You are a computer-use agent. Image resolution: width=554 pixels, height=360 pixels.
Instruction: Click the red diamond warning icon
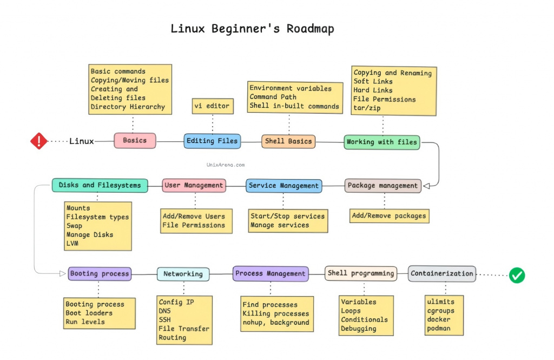38,141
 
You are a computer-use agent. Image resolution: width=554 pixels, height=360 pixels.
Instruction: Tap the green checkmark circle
517,275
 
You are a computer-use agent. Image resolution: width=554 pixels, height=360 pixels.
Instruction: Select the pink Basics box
135,140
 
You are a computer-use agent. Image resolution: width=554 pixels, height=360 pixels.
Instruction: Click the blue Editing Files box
212,141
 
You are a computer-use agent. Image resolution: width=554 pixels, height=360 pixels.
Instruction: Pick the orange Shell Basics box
288,141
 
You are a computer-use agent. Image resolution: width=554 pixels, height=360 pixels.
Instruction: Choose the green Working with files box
382,142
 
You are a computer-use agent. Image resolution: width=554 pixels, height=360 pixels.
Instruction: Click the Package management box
382,185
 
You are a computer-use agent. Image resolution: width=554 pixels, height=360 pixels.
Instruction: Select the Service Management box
284,186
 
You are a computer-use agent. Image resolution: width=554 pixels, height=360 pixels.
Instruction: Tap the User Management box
194,185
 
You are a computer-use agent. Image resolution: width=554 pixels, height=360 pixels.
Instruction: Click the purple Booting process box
100,273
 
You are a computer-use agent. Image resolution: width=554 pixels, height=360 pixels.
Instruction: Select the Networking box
183,274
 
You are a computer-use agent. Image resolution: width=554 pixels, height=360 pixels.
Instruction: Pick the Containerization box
442,273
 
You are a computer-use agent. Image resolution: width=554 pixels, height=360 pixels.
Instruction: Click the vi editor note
212,106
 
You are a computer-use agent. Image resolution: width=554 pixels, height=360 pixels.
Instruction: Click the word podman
439,328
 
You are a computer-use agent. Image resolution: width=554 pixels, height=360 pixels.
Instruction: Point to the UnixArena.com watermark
226,163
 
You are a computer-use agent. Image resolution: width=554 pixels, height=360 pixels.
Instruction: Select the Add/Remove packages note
389,215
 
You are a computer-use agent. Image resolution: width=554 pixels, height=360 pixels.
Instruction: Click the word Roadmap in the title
310,29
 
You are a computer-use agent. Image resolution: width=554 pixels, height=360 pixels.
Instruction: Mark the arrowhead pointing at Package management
426,186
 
